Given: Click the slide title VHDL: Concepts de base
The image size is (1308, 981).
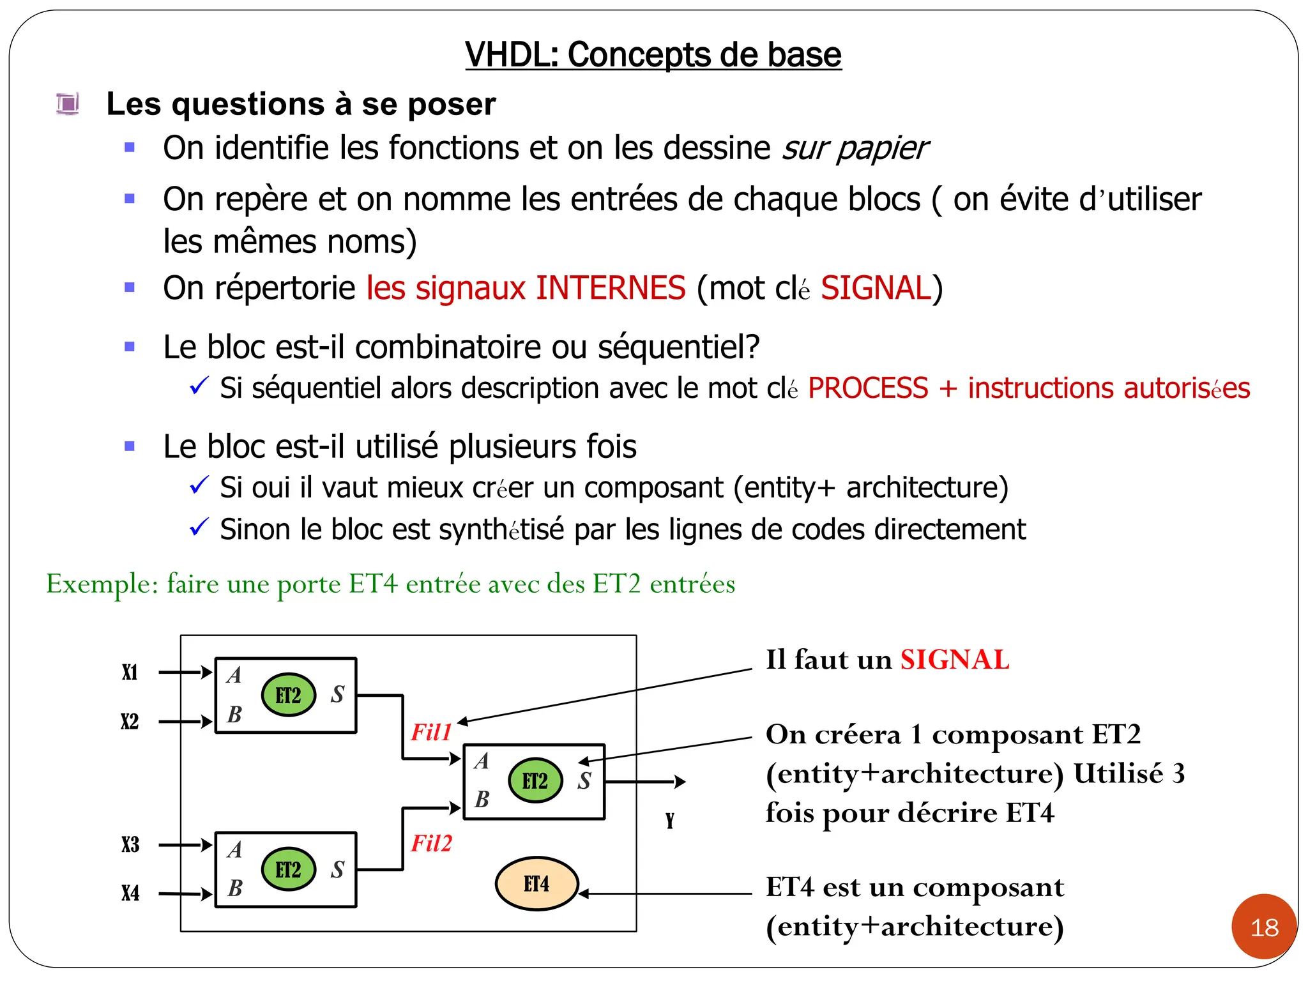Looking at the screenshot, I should coord(653,55).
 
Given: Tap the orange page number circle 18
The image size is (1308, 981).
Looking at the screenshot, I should coord(1264,927).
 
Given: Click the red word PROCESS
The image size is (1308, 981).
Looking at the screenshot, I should coord(867,388).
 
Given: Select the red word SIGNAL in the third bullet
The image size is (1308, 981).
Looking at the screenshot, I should coord(876,288).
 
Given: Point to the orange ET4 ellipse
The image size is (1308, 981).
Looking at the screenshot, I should coord(536,884).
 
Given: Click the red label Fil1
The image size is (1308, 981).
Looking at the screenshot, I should coord(431,732).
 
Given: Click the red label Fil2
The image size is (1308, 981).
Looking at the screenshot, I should coord(431,844).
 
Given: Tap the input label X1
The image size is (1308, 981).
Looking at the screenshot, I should coord(130,673).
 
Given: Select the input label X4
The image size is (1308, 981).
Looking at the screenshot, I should coord(130,893).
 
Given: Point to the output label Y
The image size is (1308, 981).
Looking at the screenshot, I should coord(669,821).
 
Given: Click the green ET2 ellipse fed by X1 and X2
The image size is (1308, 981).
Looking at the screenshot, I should coord(288,695).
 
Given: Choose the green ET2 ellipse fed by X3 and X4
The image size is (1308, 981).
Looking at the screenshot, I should coord(288,870).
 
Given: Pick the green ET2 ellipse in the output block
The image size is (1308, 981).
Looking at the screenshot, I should coord(535,780).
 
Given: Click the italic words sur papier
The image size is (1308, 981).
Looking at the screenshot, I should coord(855,148).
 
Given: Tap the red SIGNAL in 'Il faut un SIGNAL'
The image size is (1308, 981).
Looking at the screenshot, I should coord(954,660).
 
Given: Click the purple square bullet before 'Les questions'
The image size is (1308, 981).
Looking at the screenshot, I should coord(67,103).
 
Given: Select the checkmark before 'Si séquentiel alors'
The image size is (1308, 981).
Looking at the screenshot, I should coord(199,386).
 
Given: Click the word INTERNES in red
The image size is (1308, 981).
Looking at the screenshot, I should coord(610,288).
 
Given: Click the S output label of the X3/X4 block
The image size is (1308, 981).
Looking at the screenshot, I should coord(337,869).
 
